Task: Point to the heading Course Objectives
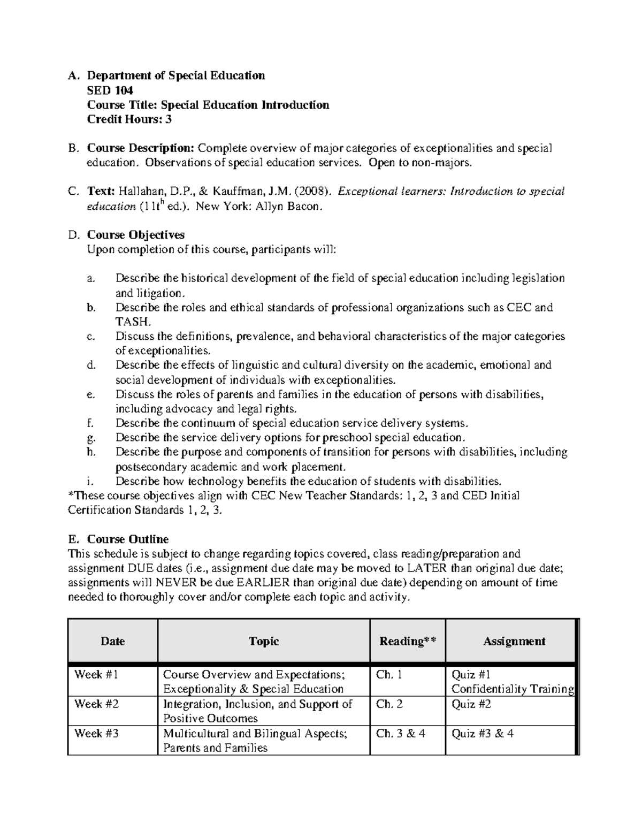coord(136,235)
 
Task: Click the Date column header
coord(112,641)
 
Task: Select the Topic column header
coord(264,641)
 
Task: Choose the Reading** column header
coord(407,641)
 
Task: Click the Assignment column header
coord(514,641)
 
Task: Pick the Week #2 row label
coord(96,704)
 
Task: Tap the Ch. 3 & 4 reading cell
coord(401,734)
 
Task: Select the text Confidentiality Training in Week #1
coord(513,689)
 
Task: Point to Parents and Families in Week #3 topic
coord(215,748)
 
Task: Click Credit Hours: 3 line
coord(129,119)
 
